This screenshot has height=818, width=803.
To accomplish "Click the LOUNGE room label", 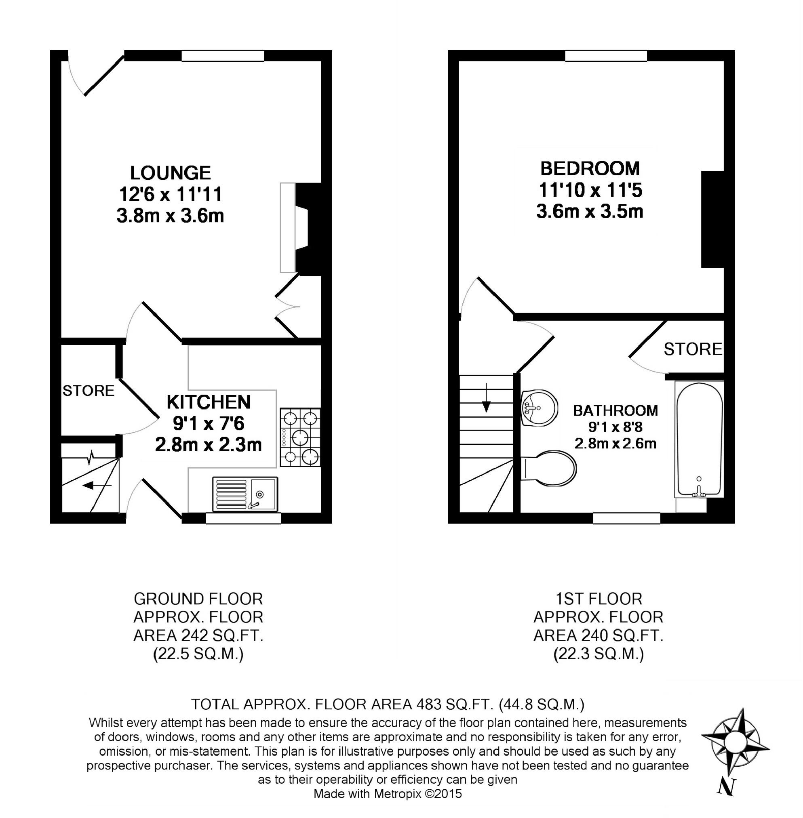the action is [171, 173].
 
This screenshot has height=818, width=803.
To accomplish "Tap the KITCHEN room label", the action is [209, 402].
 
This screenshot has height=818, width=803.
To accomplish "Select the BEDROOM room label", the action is [590, 169].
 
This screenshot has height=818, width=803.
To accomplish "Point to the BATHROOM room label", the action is [615, 410].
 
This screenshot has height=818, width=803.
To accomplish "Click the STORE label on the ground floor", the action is [89, 391].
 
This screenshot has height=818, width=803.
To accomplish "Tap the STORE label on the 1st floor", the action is [693, 349].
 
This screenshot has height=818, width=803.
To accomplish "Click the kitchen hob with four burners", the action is [300, 437].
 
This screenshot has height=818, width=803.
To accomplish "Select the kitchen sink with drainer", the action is [245, 494].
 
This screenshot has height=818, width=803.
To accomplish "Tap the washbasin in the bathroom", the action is [540, 408].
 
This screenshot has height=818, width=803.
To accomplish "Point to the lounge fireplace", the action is [301, 228].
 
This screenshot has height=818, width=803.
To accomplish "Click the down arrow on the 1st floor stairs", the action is [486, 397].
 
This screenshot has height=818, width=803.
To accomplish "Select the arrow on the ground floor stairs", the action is [97, 486].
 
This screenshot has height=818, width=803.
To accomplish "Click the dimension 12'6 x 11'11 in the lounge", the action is [171, 194].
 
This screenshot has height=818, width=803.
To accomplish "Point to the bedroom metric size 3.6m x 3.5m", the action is [590, 211].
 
